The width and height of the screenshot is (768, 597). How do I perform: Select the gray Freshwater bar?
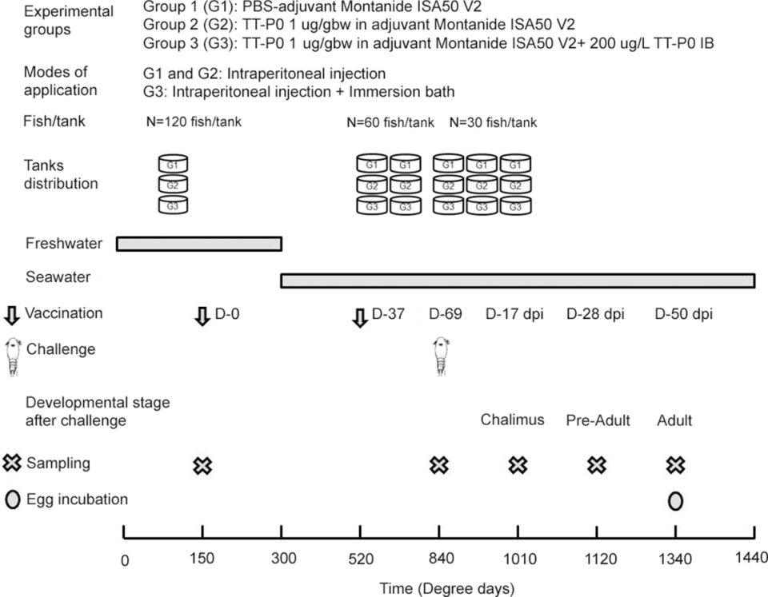(x=199, y=244)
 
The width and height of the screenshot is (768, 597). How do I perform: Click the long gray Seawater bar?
(x=518, y=281)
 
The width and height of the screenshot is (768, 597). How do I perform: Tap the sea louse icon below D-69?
(x=439, y=355)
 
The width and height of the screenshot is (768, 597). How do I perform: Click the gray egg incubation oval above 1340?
(x=675, y=500)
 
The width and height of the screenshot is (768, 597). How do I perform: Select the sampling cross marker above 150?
(x=202, y=465)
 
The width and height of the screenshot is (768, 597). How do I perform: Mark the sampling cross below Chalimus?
(x=518, y=465)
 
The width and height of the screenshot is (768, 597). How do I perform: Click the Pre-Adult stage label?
(x=596, y=420)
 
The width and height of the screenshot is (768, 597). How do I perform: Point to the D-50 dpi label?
(x=683, y=313)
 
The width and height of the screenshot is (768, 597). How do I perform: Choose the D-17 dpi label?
(x=514, y=313)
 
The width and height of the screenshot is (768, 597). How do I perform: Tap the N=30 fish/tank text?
(x=493, y=123)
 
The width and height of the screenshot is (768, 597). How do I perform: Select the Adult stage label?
(x=674, y=420)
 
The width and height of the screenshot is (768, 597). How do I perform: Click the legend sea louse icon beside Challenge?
(x=12, y=354)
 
